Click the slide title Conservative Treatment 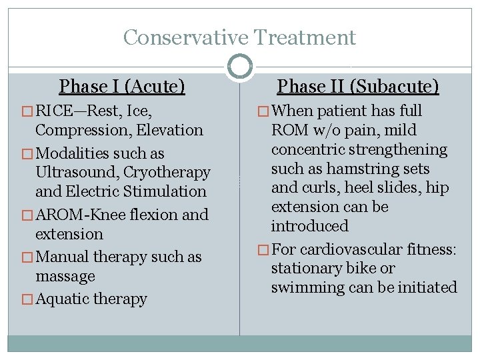pyautogui.click(x=239, y=37)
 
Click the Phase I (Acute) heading pyautogui.click(x=122, y=87)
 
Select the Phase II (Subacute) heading pyautogui.click(x=358, y=87)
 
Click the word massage pyautogui.click(x=65, y=276)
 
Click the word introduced pyautogui.click(x=309, y=226)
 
